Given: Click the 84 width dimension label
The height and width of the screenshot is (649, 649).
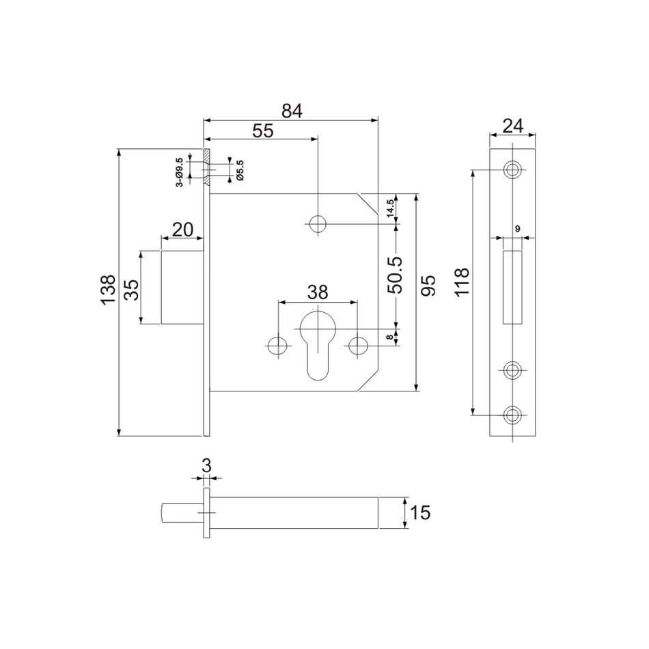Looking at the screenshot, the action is click(292, 111).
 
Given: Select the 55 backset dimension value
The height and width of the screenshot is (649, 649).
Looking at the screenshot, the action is click(263, 130).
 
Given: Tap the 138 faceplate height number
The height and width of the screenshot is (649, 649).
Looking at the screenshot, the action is click(108, 290).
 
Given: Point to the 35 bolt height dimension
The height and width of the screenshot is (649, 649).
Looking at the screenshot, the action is click(132, 290).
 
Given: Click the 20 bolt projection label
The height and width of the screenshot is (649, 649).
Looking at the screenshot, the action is click(182, 230).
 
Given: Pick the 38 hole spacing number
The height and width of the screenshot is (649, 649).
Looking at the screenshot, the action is click(318, 292).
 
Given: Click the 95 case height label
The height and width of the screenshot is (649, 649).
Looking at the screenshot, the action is click(428, 285).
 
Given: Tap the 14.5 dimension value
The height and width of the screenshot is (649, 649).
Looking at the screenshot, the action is click(390, 208).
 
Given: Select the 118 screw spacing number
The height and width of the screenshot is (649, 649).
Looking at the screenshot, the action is click(462, 282).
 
